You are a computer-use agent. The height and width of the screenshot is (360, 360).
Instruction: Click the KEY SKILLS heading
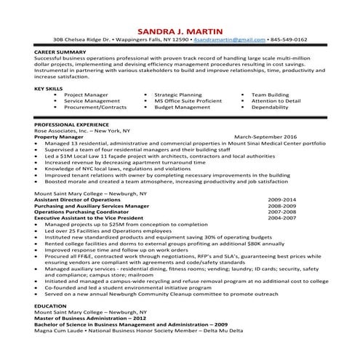click(49, 88)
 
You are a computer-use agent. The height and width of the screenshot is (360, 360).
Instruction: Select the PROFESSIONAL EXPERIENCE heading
click(70, 124)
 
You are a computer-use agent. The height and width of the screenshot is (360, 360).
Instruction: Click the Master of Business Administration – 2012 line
click(88, 319)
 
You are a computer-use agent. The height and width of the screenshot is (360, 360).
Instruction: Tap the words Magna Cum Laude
click(61, 332)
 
